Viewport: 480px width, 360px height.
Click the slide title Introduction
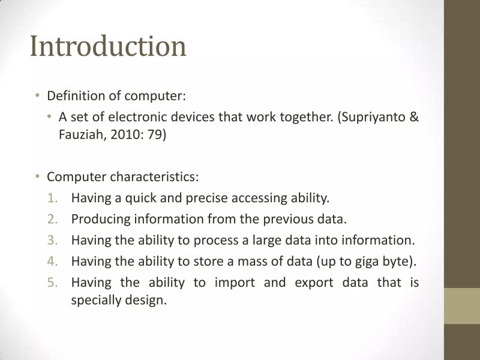(x=108, y=47)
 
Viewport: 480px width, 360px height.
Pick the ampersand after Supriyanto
(x=413, y=116)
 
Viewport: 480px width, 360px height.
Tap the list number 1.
(x=52, y=197)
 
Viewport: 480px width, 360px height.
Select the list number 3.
(x=52, y=240)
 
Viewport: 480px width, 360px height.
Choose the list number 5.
(x=52, y=282)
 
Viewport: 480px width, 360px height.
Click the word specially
(x=97, y=300)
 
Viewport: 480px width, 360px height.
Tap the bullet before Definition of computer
(x=37, y=95)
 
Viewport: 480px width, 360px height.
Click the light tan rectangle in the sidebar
(x=461, y=306)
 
